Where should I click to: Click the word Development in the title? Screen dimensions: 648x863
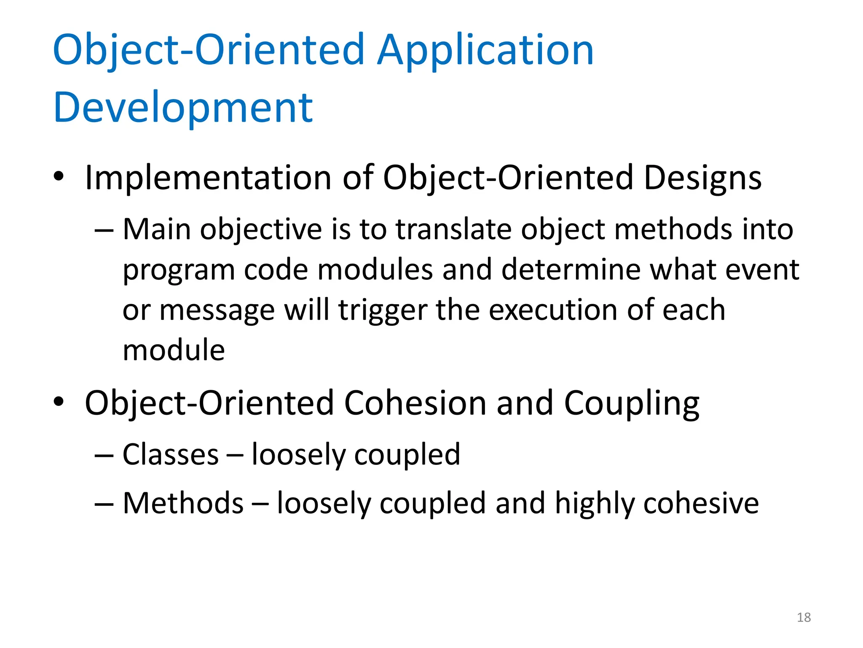tap(183, 108)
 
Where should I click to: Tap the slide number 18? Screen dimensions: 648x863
tap(804, 617)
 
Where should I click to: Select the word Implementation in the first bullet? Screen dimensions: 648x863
tap(208, 178)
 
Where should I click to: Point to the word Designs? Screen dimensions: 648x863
tap(702, 178)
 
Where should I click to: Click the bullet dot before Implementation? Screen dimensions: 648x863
tap(59, 176)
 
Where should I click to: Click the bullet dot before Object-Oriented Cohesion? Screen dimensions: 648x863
tap(59, 402)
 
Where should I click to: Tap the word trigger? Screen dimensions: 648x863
tap(383, 310)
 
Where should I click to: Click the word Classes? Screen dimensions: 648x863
tap(170, 455)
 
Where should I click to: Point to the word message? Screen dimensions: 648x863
tap(217, 311)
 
